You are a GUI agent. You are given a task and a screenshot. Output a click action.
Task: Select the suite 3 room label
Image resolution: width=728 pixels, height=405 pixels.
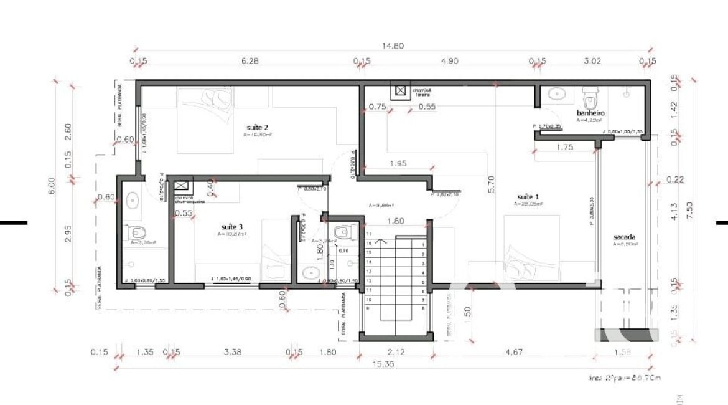[233, 227]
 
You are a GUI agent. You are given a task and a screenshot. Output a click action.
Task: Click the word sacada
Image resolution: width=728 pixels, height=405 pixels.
[624, 237]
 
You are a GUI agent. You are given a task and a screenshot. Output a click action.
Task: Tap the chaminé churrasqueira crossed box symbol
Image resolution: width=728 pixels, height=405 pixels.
[181, 186]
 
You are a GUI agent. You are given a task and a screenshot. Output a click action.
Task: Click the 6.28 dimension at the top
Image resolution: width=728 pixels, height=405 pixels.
[249, 61]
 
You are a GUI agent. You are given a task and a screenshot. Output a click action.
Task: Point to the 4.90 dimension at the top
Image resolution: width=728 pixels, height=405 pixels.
[449, 61]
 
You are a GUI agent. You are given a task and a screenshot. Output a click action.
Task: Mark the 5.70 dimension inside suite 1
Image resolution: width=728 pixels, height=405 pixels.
[492, 184]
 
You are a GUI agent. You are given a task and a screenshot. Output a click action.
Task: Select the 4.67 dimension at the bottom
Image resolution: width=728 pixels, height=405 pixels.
[514, 352]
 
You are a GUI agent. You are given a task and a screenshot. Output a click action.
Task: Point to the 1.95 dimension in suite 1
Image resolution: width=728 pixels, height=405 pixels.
[398, 163]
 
